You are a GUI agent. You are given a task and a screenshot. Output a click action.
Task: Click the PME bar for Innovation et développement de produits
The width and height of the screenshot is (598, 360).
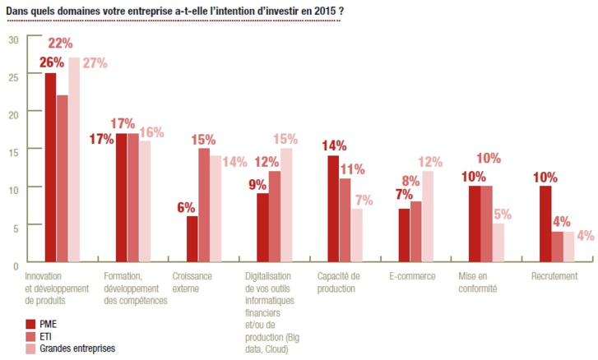click(x=51, y=168)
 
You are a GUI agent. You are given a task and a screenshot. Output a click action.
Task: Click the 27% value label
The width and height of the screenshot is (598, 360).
click(x=94, y=62)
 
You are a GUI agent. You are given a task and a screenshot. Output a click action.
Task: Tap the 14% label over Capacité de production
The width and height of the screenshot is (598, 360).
click(x=333, y=145)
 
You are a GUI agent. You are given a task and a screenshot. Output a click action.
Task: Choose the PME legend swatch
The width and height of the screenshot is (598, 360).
click(x=31, y=324)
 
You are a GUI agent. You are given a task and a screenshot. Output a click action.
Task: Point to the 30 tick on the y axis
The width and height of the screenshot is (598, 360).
click(x=12, y=39)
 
